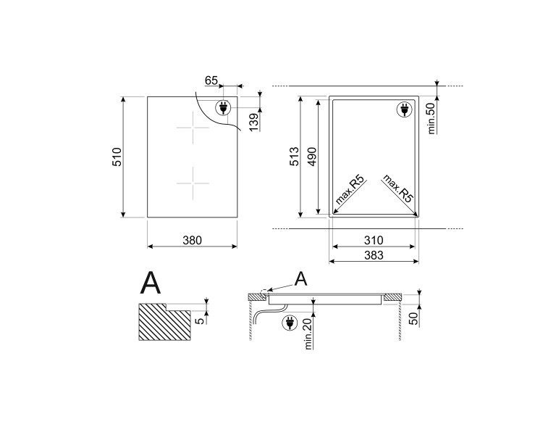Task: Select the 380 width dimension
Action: click(191, 239)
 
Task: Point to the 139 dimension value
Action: click(253, 122)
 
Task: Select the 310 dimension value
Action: click(373, 239)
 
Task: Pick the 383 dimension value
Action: click(373, 255)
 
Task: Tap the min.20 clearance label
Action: click(307, 333)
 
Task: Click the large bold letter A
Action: click(151, 282)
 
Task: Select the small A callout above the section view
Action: click(302, 277)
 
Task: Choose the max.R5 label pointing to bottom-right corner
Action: click(397, 190)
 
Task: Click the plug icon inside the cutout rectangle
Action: click(403, 110)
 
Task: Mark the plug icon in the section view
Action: click(288, 322)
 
